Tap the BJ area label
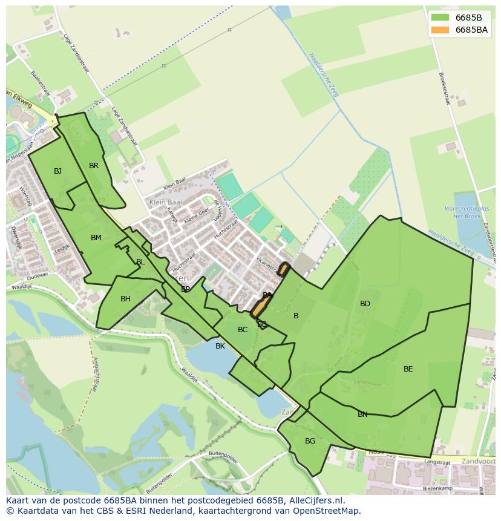pyautogui.click(x=57, y=171)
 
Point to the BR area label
pyautogui.click(x=94, y=166)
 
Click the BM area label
pyautogui.click(x=96, y=238)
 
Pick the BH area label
pyautogui.click(x=125, y=299)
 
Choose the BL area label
pyautogui.click(x=140, y=262)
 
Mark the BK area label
pyautogui.click(x=220, y=346)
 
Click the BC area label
pyautogui.click(x=243, y=330)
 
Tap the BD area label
pyautogui.click(x=365, y=304)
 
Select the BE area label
pyautogui.click(x=408, y=369)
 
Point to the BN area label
pyautogui.click(x=362, y=415)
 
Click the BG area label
pyautogui.click(x=310, y=441)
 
